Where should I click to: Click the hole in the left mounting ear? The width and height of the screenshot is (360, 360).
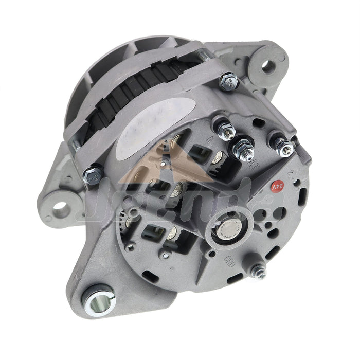[61, 208]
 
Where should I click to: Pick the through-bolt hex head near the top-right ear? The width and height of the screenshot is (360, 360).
[228, 82]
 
